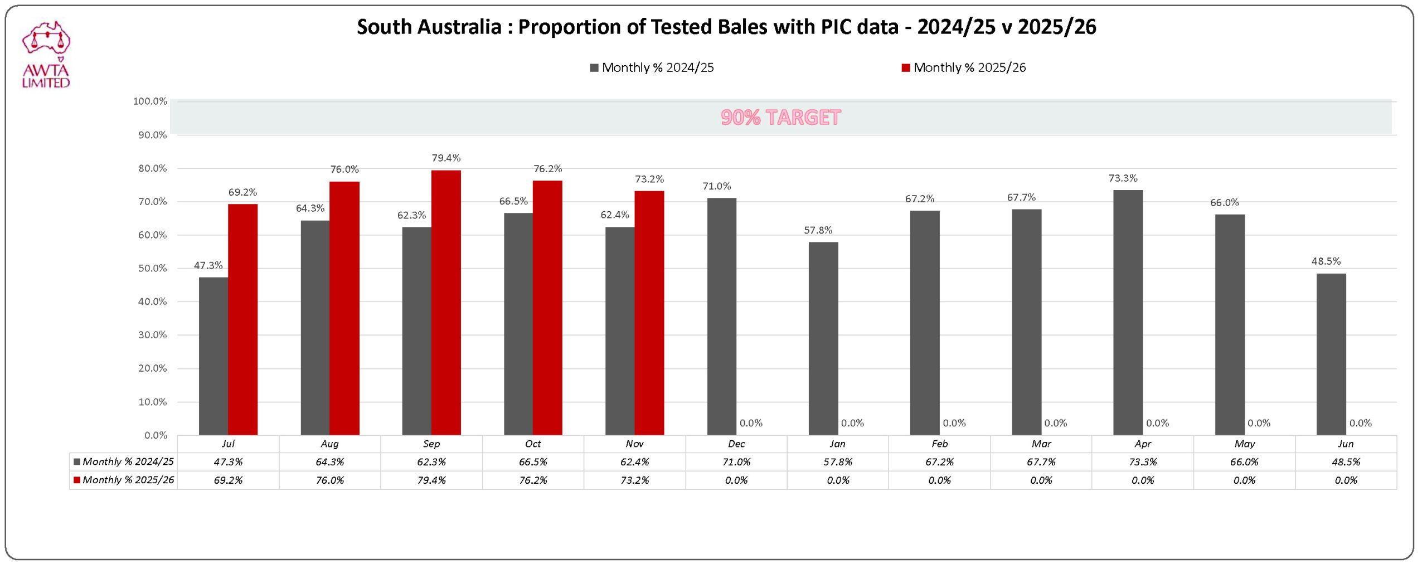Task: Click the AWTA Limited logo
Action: pyautogui.click(x=46, y=55)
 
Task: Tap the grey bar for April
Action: pyautogui.click(x=1128, y=312)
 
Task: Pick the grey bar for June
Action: pyautogui.click(x=1331, y=354)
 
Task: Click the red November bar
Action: pyautogui.click(x=649, y=313)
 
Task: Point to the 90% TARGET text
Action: pyautogui.click(x=780, y=118)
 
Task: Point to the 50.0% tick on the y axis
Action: pyautogui.click(x=152, y=269)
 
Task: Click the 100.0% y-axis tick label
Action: pyautogui.click(x=149, y=101)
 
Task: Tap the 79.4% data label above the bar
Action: pyautogui.click(x=446, y=158)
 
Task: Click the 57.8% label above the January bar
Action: pyautogui.click(x=818, y=230)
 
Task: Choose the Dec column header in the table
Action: pyautogui.click(x=736, y=444)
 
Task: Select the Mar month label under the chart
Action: pyautogui.click(x=1041, y=444)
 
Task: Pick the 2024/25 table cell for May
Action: pyautogui.click(x=1244, y=462)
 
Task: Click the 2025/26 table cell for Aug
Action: pyautogui.click(x=329, y=480)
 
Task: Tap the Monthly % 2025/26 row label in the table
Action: pyautogui.click(x=128, y=480)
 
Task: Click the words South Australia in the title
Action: pyautogui.click(x=429, y=27)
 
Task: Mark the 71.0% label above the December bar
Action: pyautogui.click(x=716, y=186)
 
